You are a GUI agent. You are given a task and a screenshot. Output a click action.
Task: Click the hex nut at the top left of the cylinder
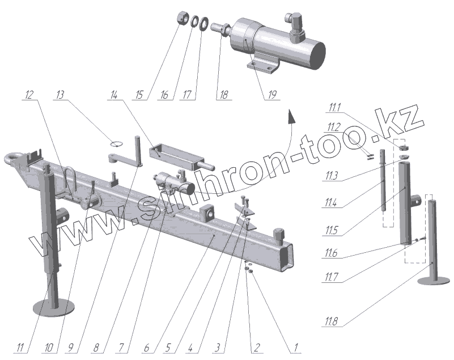click(x=183, y=18)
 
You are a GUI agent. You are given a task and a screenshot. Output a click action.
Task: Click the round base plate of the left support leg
click(x=54, y=307)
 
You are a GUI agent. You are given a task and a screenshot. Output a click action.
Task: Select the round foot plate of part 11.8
click(x=434, y=281)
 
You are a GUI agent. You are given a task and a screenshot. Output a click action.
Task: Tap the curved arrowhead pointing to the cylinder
click(x=291, y=117)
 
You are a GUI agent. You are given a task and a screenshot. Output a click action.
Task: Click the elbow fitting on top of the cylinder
click(x=295, y=25)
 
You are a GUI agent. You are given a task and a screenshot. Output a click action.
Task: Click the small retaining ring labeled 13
click(x=116, y=143)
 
